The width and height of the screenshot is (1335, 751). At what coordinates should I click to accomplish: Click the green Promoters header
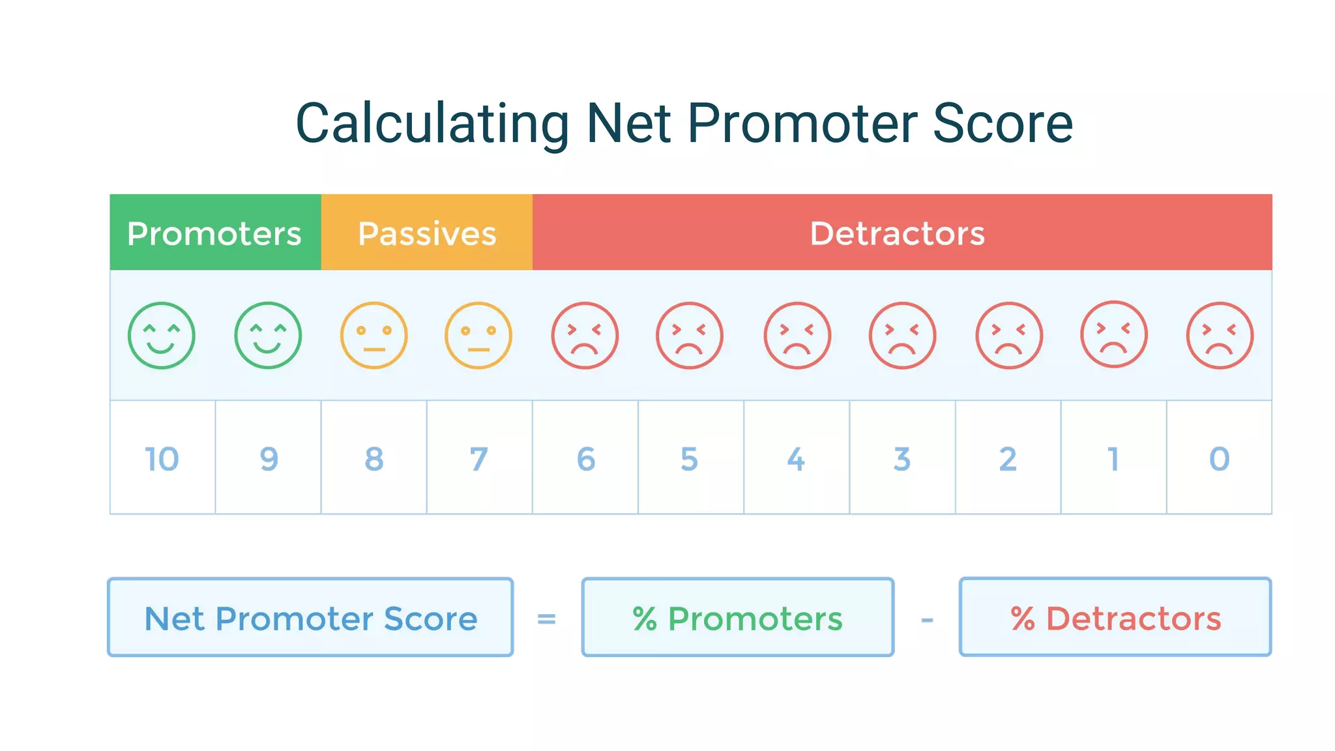pyautogui.click(x=214, y=233)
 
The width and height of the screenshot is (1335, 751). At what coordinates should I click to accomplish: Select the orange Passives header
pyautogui.click(x=426, y=233)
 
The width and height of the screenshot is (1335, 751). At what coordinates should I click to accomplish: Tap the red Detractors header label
pyautogui.click(x=897, y=233)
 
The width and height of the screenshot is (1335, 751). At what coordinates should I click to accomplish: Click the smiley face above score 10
pyautogui.click(x=161, y=335)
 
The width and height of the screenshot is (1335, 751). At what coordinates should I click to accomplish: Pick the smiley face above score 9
pyautogui.click(x=268, y=335)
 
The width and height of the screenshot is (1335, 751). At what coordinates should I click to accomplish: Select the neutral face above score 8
pyautogui.click(x=374, y=335)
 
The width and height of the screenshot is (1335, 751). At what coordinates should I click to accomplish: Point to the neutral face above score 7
pyautogui.click(x=478, y=335)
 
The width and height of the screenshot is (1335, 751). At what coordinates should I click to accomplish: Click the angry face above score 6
pyautogui.click(x=585, y=335)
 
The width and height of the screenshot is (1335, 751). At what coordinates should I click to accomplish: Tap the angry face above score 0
pyautogui.click(x=1220, y=335)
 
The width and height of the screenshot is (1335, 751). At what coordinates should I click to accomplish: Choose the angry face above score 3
pyautogui.click(x=902, y=335)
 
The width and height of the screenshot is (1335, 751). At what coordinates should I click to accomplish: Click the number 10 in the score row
pyautogui.click(x=162, y=458)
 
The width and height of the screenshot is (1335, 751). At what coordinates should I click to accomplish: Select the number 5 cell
pyautogui.click(x=690, y=458)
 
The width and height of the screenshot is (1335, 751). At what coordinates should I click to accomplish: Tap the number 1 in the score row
pyautogui.click(x=1113, y=458)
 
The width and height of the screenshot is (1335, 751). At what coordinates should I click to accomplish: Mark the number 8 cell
pyautogui.click(x=374, y=458)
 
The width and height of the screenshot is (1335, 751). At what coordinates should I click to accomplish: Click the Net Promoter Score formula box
pyautogui.click(x=310, y=617)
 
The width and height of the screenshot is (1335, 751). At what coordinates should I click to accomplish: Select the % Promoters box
pyautogui.click(x=737, y=617)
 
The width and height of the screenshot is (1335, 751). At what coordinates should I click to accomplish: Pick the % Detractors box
pyautogui.click(x=1115, y=617)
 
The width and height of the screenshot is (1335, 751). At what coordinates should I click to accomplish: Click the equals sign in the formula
pyautogui.click(x=546, y=619)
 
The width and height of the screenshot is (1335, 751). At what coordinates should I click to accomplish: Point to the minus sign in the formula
pyautogui.click(x=927, y=620)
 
